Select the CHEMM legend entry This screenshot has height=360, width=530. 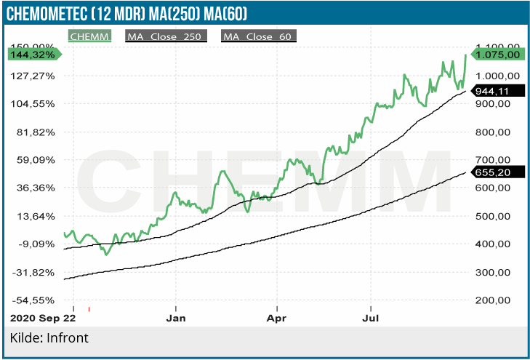coord(90,36)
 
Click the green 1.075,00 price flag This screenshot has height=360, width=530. coord(497,54)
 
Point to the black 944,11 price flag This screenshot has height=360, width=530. coord(497,92)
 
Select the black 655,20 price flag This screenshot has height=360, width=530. coord(497,172)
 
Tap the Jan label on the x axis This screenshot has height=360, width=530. coord(176,318)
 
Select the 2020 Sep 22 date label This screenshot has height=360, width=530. coord(43,318)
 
